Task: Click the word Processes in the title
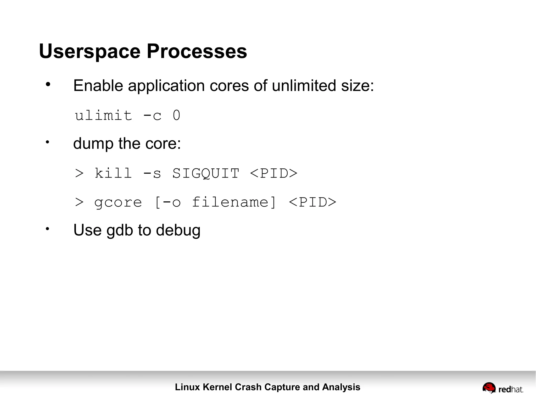click(197, 51)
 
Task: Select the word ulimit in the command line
click(103, 115)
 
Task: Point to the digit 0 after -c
click(177, 115)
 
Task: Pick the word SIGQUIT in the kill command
click(206, 173)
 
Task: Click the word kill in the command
click(113, 173)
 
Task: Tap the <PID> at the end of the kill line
click(273, 173)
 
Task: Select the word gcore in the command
click(118, 202)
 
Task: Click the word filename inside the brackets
click(230, 202)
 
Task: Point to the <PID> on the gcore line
click(312, 202)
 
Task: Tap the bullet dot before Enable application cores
click(48, 84)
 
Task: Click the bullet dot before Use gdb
click(47, 229)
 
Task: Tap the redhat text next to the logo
click(511, 390)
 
